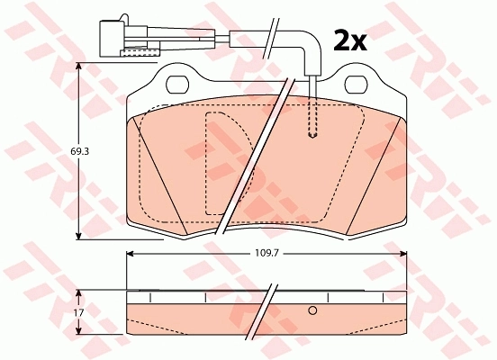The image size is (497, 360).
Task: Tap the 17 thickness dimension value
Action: pyautogui.click(x=78, y=311)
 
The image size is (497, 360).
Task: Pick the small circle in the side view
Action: pyautogui.click(x=313, y=310)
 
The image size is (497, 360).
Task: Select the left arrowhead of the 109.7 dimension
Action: pyautogui.click(x=129, y=255)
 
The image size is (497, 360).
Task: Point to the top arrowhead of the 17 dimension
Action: pyautogui.click(x=80, y=292)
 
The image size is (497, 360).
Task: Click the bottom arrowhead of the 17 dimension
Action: pyautogui.click(x=80, y=331)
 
